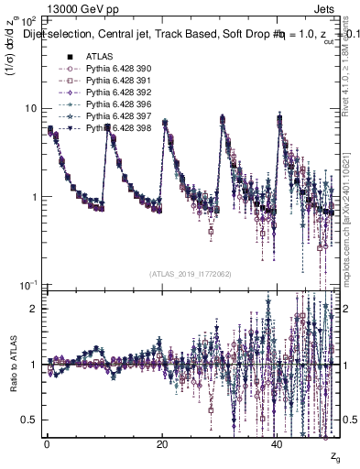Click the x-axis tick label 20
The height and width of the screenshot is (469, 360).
pos(162,443)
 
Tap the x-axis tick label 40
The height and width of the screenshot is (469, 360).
pos(278,443)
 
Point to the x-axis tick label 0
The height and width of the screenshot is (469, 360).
pos(47,443)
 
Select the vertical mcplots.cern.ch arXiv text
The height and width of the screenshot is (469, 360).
pos(349,211)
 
